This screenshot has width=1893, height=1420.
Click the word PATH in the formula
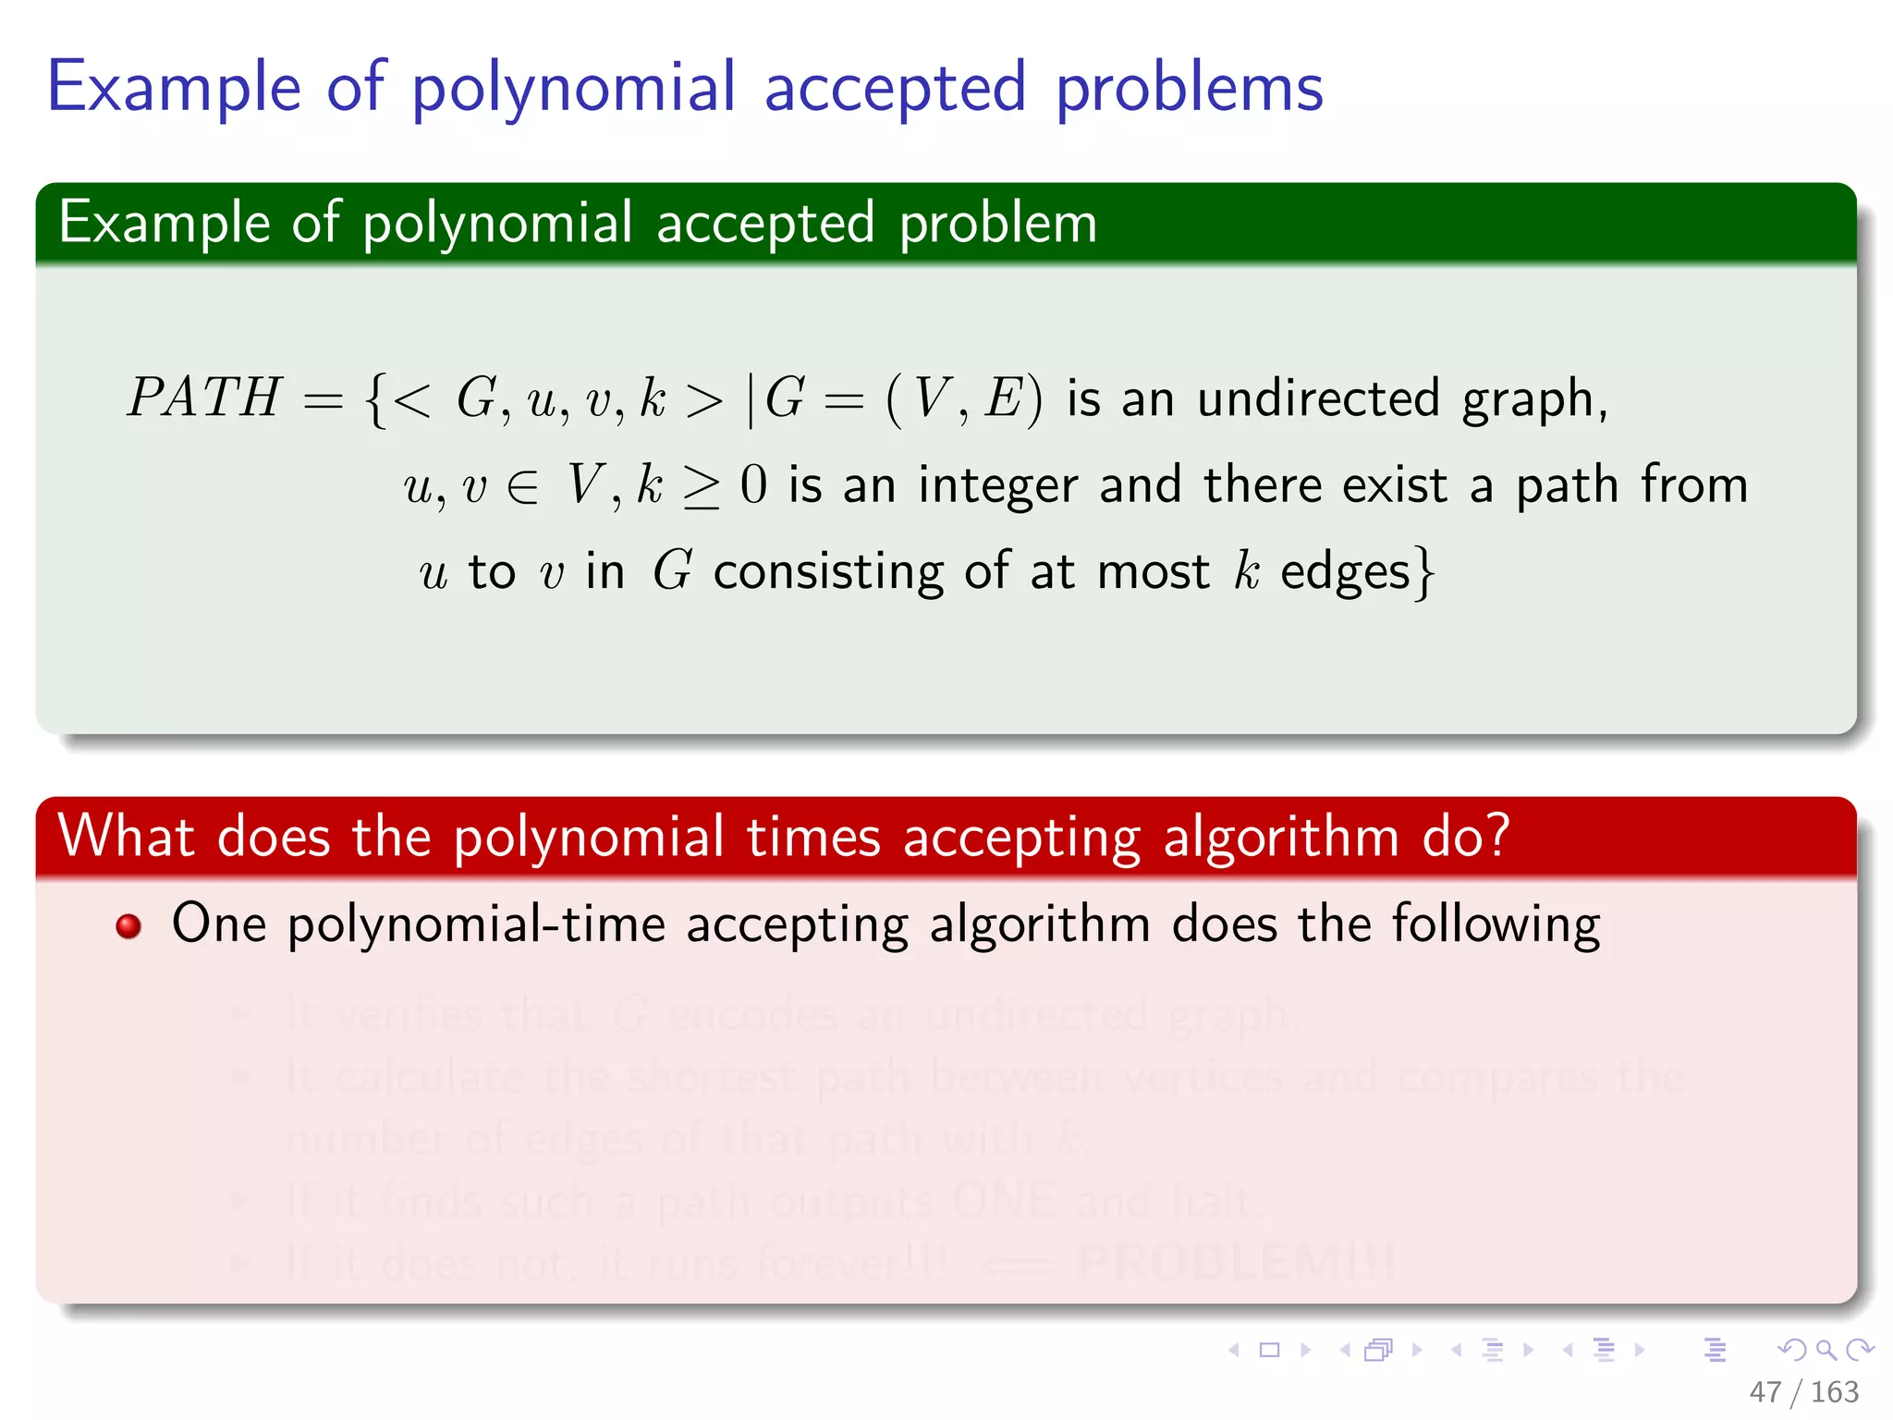(203, 398)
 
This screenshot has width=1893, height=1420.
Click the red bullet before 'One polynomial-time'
(128, 925)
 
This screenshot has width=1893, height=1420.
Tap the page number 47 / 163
(1803, 1391)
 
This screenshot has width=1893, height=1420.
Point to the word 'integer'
(998, 486)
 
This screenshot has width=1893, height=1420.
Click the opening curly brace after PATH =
(374, 399)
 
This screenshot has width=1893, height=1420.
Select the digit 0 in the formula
(753, 484)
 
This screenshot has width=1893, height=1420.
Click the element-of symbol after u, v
(523, 486)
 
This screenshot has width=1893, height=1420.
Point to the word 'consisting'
(828, 572)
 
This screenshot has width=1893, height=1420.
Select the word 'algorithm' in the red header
(1281, 838)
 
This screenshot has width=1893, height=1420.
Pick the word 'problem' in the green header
(998, 224)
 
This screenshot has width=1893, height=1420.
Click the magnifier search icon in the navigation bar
(1826, 1350)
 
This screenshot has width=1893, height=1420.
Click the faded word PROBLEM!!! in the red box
(1237, 1262)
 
